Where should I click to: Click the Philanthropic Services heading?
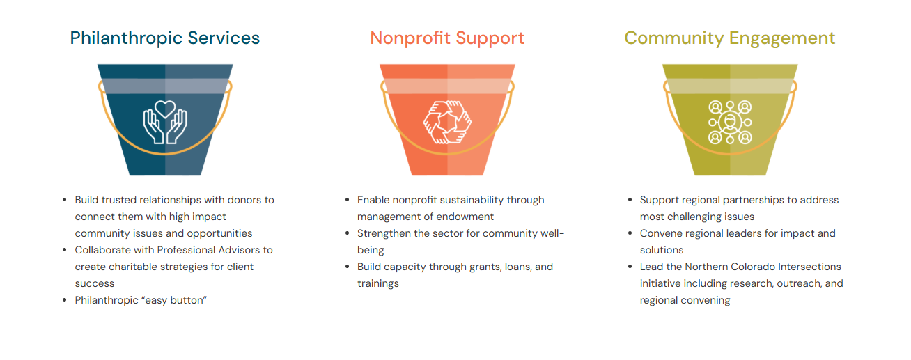164,38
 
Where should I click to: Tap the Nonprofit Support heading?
447,38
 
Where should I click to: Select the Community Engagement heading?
730,38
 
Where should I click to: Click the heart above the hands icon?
164,109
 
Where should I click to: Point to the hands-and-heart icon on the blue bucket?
164,122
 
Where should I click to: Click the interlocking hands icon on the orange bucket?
447,122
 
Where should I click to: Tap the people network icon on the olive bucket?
730,122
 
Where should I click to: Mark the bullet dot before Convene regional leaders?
630,233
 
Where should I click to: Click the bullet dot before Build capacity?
348,267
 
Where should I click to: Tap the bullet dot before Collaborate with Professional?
65,250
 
